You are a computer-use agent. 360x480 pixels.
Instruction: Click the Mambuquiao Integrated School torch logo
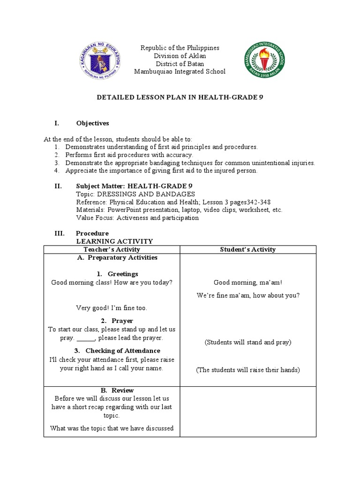pos(264,60)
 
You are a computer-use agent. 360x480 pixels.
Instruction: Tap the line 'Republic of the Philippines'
pos(180,48)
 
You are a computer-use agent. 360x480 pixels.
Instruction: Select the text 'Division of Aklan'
pos(180,56)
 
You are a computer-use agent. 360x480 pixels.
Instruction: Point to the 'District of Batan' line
pos(180,64)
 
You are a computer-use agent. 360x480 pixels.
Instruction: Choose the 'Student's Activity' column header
pos(248,249)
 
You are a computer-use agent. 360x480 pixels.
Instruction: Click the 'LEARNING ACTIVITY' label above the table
pos(114,241)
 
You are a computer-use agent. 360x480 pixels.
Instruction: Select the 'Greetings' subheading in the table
pos(122,274)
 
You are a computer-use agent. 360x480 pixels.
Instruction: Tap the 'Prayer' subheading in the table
pos(122,321)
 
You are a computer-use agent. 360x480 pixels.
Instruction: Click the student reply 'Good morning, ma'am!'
pos(248,283)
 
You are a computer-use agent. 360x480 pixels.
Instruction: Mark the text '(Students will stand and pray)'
pos(248,342)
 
